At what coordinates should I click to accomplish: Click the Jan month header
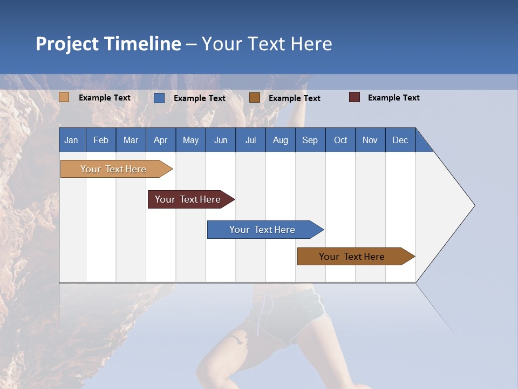coord(72,140)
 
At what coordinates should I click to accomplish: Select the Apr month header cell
coord(161,140)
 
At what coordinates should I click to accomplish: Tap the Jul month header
coord(250,140)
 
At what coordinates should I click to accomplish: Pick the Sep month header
coord(310,140)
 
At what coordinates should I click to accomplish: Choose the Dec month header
coord(400,140)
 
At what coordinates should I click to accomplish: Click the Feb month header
coord(101,140)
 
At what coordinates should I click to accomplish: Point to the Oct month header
coord(340,140)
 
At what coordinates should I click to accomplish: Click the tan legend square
coord(64,97)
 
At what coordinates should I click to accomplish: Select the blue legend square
coord(159,98)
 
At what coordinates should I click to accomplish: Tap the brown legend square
coord(255,98)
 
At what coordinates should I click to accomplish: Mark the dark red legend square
coord(355,97)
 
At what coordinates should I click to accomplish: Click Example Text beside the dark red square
coord(393,98)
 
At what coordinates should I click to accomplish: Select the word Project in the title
coord(67,44)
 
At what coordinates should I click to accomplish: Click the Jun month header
coord(221,140)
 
